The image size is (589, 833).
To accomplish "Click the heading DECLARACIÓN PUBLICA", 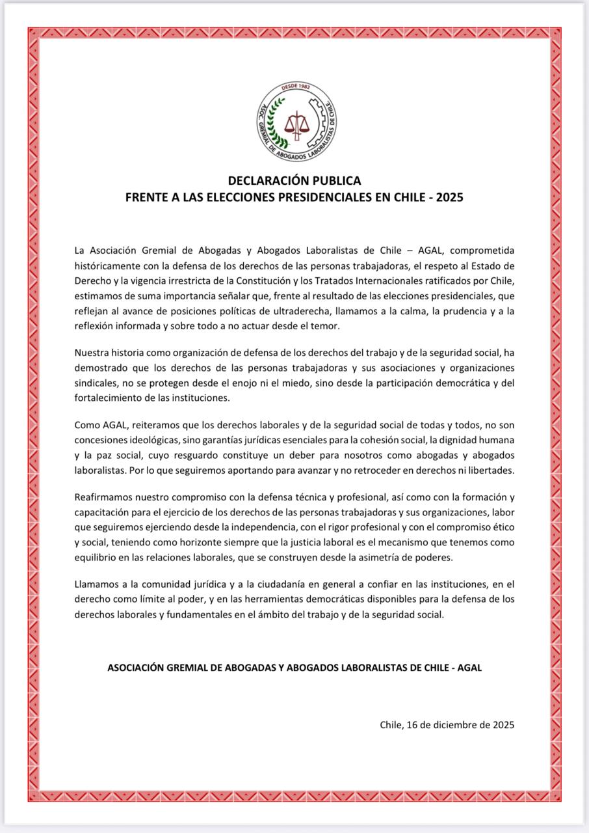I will pos(294,180).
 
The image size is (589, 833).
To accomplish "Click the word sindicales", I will pos(96,383).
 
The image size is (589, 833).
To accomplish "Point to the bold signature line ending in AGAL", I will pos(294,668).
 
